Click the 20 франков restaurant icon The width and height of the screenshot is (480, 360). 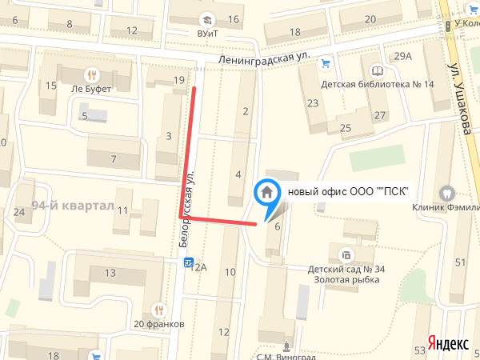(159, 310)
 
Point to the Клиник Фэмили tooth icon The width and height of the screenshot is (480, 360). (446, 192)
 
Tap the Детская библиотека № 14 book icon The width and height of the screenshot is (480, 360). (377, 70)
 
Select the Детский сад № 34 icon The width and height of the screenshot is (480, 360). (346, 256)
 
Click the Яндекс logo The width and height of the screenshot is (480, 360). (448, 342)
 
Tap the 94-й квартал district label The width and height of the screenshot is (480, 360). (74, 206)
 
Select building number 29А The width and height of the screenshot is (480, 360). (402, 56)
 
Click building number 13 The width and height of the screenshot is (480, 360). (110, 274)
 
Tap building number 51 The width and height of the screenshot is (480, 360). (460, 262)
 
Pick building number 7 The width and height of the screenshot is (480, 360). (114, 158)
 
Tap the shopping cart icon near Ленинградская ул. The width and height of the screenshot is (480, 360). (325, 64)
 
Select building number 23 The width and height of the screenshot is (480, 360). (312, 102)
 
